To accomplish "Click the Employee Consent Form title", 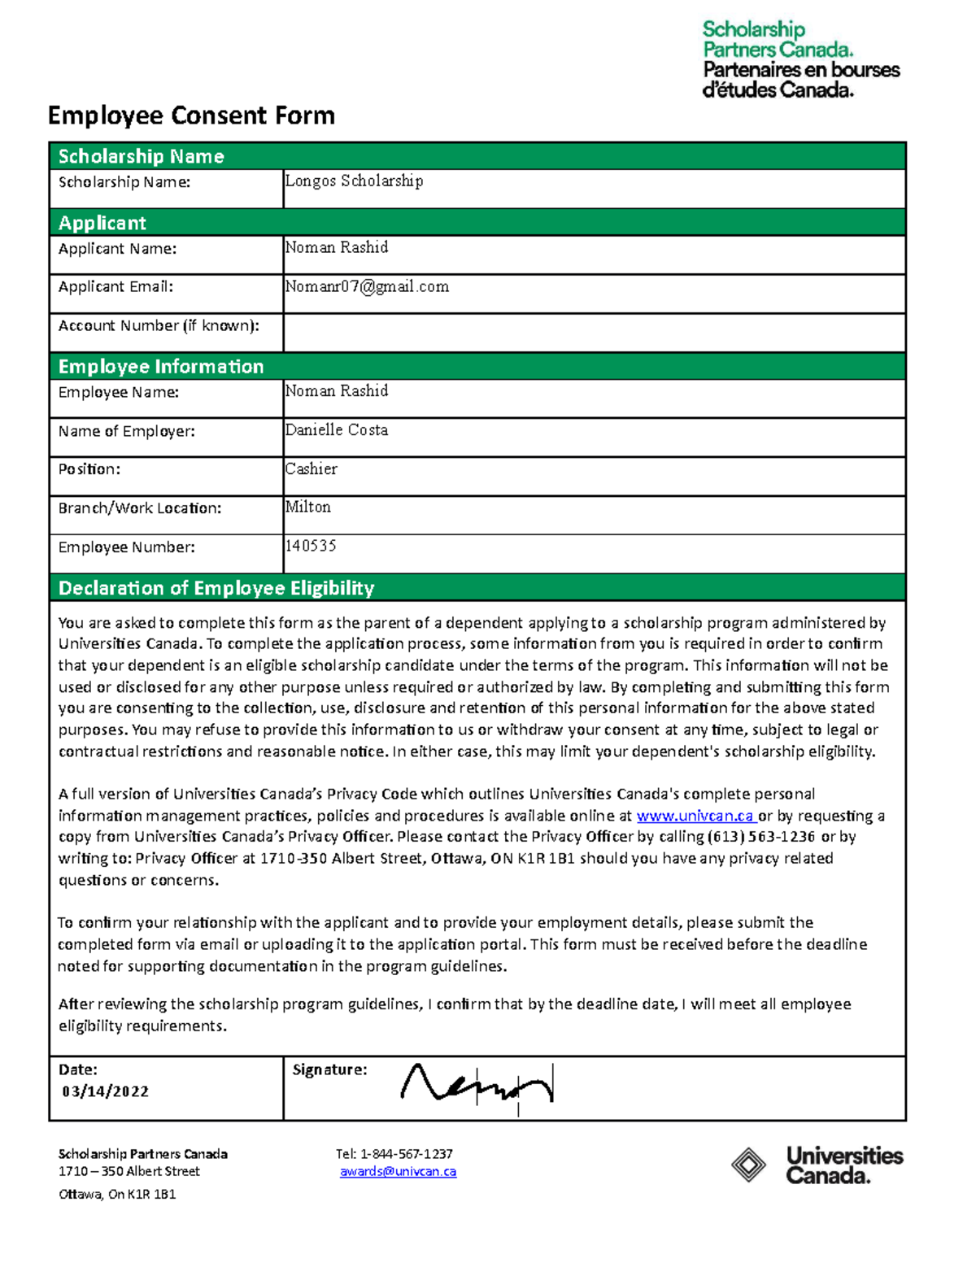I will pyautogui.click(x=191, y=115).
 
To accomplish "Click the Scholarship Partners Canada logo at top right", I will pyautogui.click(x=800, y=59).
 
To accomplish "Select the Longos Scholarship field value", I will pyautogui.click(x=354, y=181).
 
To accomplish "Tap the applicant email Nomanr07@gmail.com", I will pyautogui.click(x=367, y=286).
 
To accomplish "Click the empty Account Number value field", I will pyautogui.click(x=594, y=333).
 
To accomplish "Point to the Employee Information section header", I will pyautogui.click(x=161, y=367).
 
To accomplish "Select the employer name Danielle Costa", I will pyautogui.click(x=337, y=429).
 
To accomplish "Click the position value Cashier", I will pyautogui.click(x=311, y=468).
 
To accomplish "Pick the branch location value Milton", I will pyautogui.click(x=307, y=507).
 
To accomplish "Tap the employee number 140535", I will pyautogui.click(x=311, y=546).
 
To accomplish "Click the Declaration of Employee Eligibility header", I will pyautogui.click(x=216, y=588).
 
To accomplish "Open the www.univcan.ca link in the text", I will pyautogui.click(x=695, y=816).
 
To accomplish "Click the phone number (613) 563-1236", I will pyautogui.click(x=760, y=837).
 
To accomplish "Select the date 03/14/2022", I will pyautogui.click(x=106, y=1091).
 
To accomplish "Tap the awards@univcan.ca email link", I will pyautogui.click(x=398, y=1172).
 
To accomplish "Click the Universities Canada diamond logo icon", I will pyautogui.click(x=748, y=1165).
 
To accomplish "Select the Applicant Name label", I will pyautogui.click(x=117, y=249).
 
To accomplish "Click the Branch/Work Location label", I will pyautogui.click(x=139, y=508).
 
